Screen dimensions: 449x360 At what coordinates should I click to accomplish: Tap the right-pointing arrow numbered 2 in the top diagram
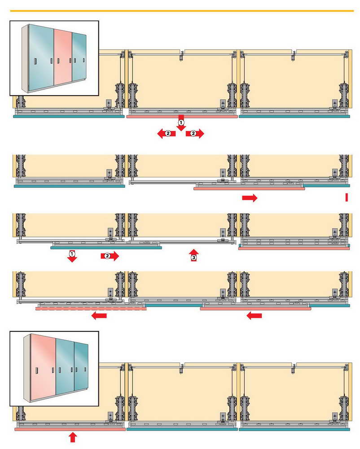tap(195, 133)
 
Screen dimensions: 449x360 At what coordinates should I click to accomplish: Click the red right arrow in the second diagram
tap(250, 198)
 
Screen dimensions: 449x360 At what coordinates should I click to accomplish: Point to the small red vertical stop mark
tap(347, 197)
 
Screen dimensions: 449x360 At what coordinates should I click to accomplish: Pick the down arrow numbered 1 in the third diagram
tap(71, 256)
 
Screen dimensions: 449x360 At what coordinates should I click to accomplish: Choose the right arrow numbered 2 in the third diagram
tap(110, 256)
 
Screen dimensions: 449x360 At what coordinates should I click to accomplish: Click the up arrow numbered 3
tap(193, 255)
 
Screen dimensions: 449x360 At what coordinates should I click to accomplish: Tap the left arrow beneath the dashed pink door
tap(99, 316)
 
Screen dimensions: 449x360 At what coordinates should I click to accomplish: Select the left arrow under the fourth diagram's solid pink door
tap(254, 316)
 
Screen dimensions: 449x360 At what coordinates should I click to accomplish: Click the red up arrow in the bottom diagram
tap(73, 437)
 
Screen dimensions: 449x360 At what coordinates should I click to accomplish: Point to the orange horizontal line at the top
tap(180, 10)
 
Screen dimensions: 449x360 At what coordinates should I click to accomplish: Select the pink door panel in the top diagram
tap(182, 116)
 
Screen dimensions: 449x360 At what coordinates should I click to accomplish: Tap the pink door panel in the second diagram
tap(249, 189)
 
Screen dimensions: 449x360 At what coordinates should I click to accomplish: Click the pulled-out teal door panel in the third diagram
tap(106, 247)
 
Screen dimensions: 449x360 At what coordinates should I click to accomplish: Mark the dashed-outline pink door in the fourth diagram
tap(91, 308)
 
